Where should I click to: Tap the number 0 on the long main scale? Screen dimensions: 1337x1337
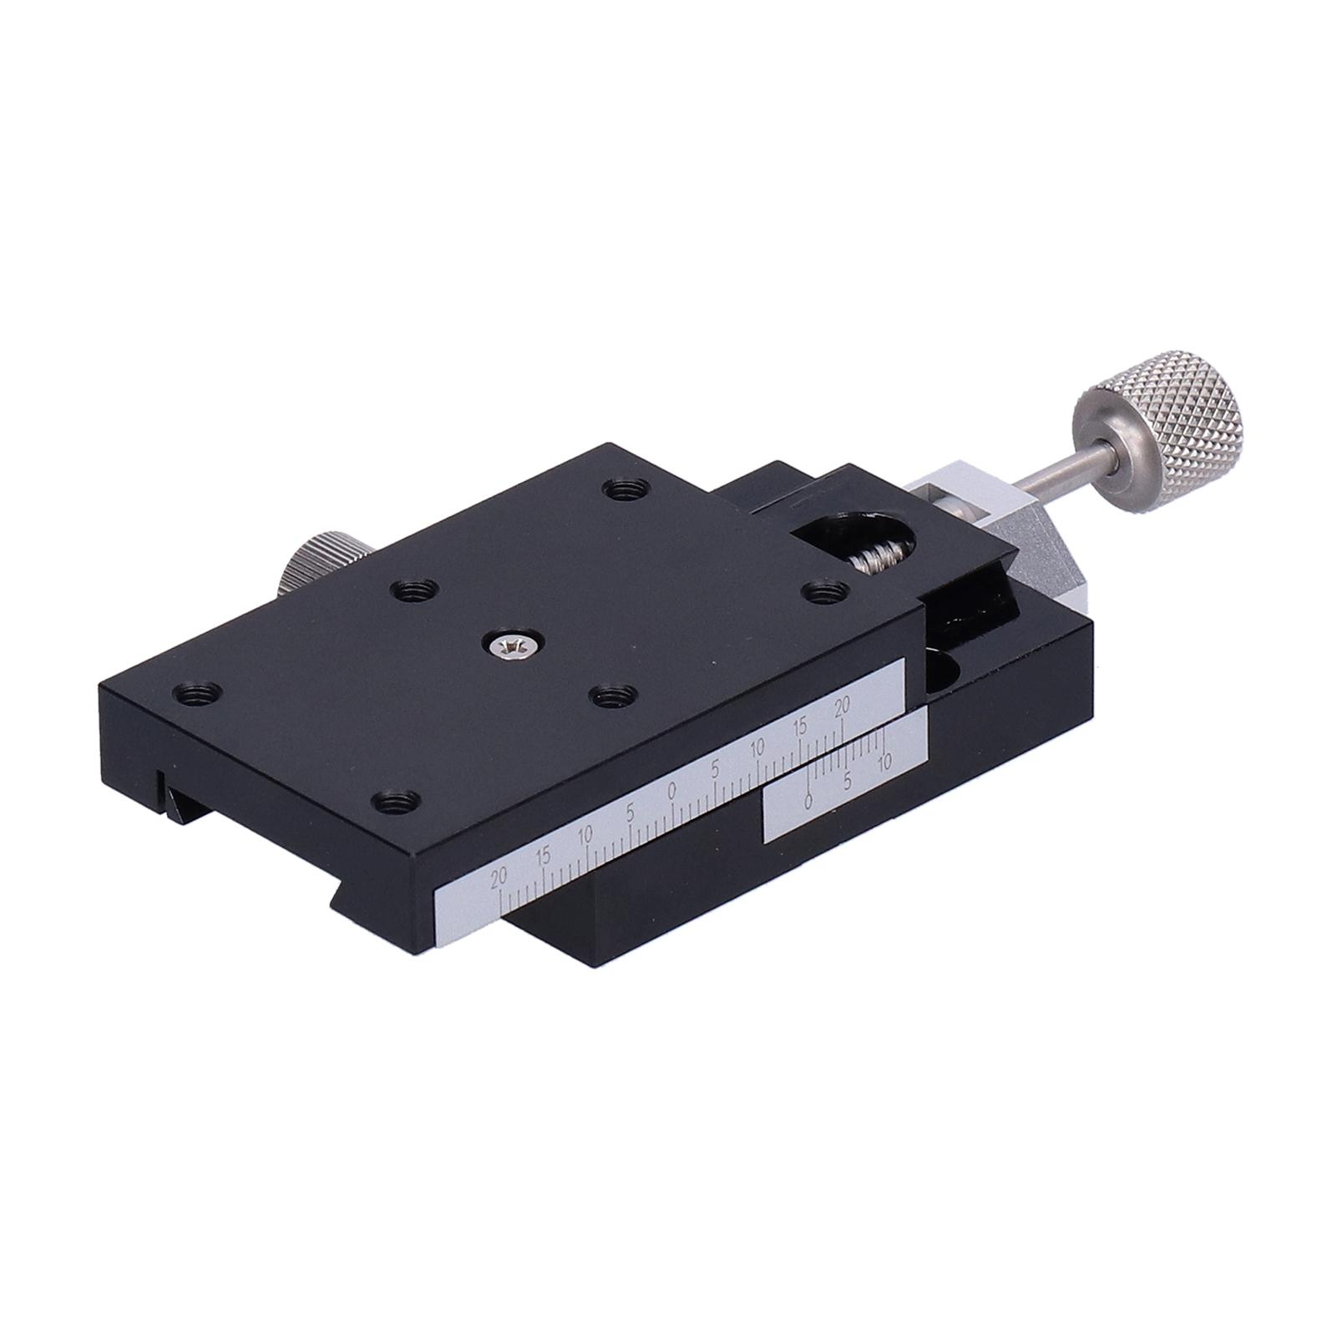(x=672, y=789)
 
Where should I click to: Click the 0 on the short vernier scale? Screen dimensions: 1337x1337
(x=808, y=800)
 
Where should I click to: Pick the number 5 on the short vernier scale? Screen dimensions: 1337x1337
(x=848, y=781)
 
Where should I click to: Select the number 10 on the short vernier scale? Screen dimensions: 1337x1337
(x=886, y=760)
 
